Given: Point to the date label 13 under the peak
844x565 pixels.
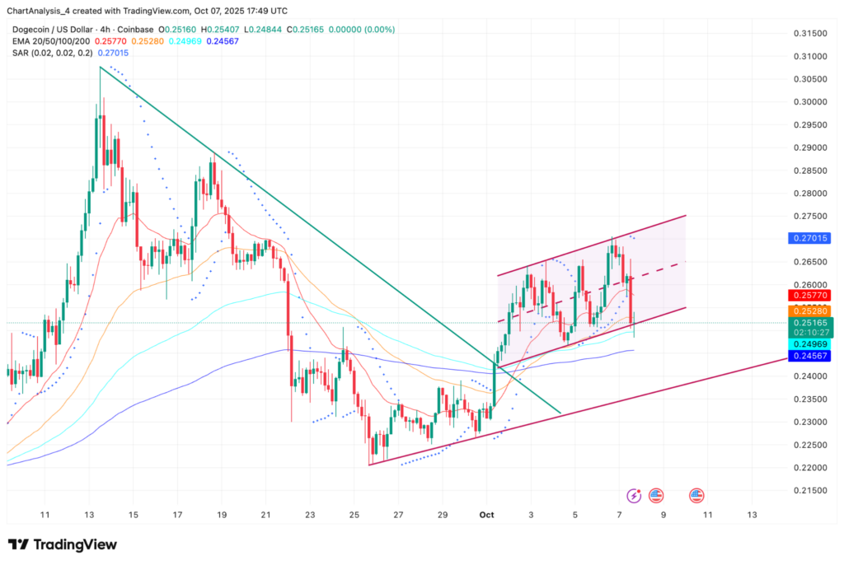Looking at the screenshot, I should coord(89,515).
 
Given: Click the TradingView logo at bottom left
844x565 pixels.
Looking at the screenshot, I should coord(63,545).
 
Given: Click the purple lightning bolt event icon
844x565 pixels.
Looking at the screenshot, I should coord(634,496).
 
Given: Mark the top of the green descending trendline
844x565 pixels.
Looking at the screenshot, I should coord(100,68).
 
